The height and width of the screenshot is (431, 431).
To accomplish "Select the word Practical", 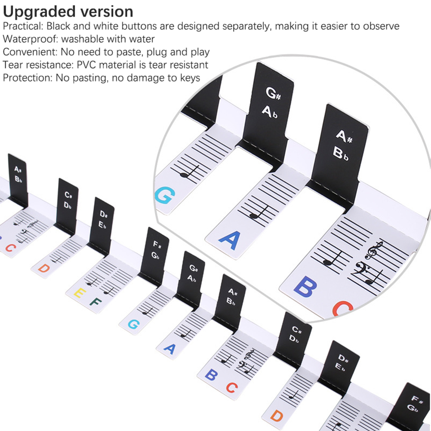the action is click(x=22, y=26).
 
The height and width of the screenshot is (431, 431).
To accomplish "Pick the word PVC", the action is click(x=86, y=65).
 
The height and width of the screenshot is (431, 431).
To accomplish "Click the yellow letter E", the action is click(x=80, y=293).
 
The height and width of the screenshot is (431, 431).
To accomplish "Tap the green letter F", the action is click(x=95, y=302).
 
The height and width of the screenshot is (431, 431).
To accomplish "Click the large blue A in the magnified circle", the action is click(x=230, y=240).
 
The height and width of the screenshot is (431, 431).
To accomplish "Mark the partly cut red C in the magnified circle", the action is click(x=342, y=309).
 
